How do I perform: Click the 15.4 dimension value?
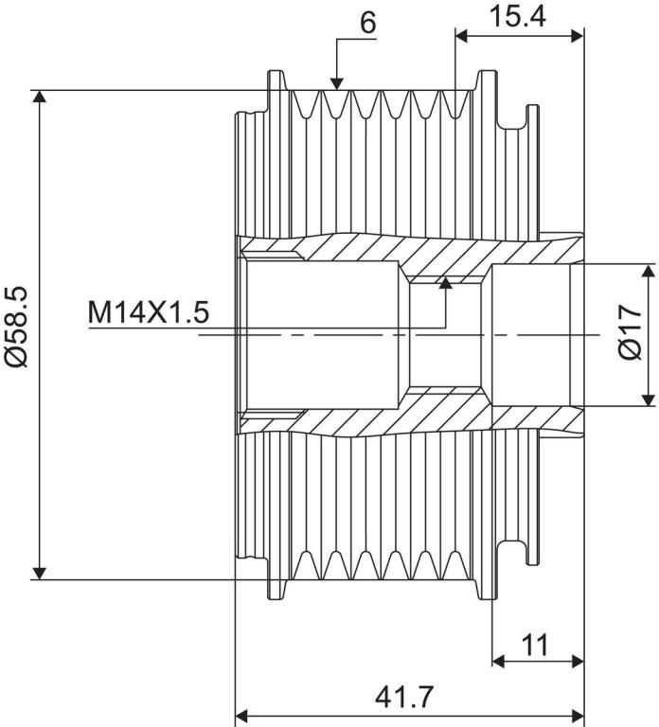tap(517, 16)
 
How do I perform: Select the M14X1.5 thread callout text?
tap(149, 312)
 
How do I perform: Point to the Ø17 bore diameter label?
tap(631, 332)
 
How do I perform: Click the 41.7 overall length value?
tap(403, 697)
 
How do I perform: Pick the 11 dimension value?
tap(535, 645)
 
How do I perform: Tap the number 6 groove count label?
tap(367, 23)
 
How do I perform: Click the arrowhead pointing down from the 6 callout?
tap(337, 82)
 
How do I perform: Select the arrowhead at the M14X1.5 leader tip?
tap(446, 283)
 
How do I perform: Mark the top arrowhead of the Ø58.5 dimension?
tap(40, 96)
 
